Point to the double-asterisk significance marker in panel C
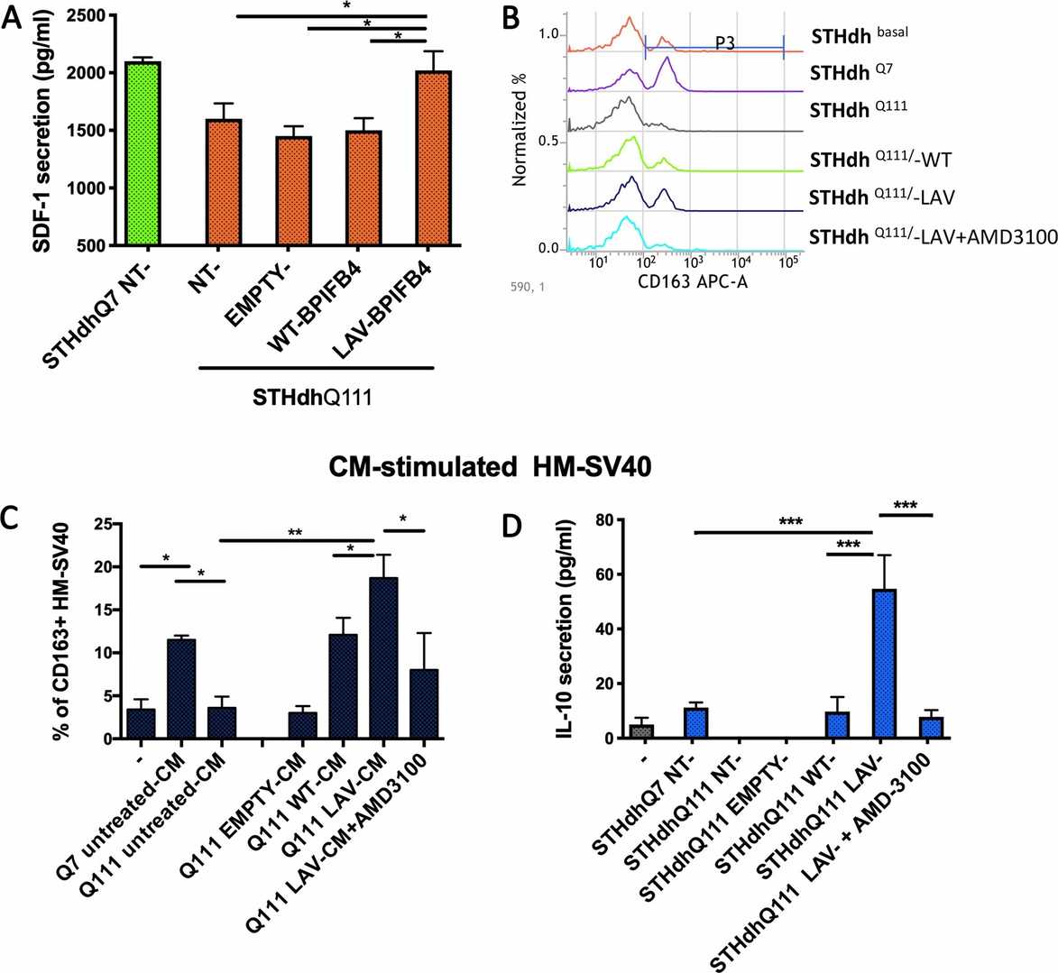click(296, 532)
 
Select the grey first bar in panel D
click(640, 731)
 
